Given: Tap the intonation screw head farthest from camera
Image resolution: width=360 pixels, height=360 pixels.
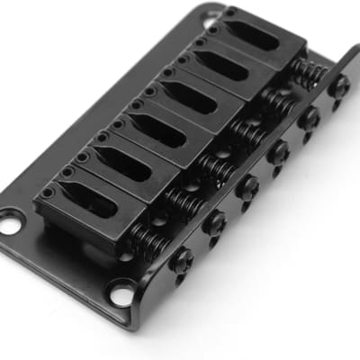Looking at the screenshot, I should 339,85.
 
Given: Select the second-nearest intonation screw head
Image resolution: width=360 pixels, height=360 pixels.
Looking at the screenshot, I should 214,222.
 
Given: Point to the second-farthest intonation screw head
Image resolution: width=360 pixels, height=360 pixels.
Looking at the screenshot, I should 309,118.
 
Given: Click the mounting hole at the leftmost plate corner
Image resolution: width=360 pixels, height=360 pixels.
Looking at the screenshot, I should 12,220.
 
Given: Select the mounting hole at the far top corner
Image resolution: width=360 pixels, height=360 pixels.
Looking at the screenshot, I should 210,17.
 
